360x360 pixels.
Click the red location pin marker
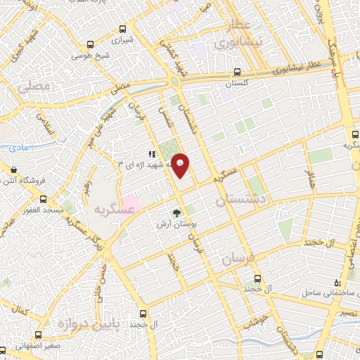point(181,165)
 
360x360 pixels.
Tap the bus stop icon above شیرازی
point(123,30)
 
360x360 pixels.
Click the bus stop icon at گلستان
point(237,72)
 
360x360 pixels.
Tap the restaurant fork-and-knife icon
point(150,153)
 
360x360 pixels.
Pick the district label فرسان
point(236,259)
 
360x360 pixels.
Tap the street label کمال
point(21,309)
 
